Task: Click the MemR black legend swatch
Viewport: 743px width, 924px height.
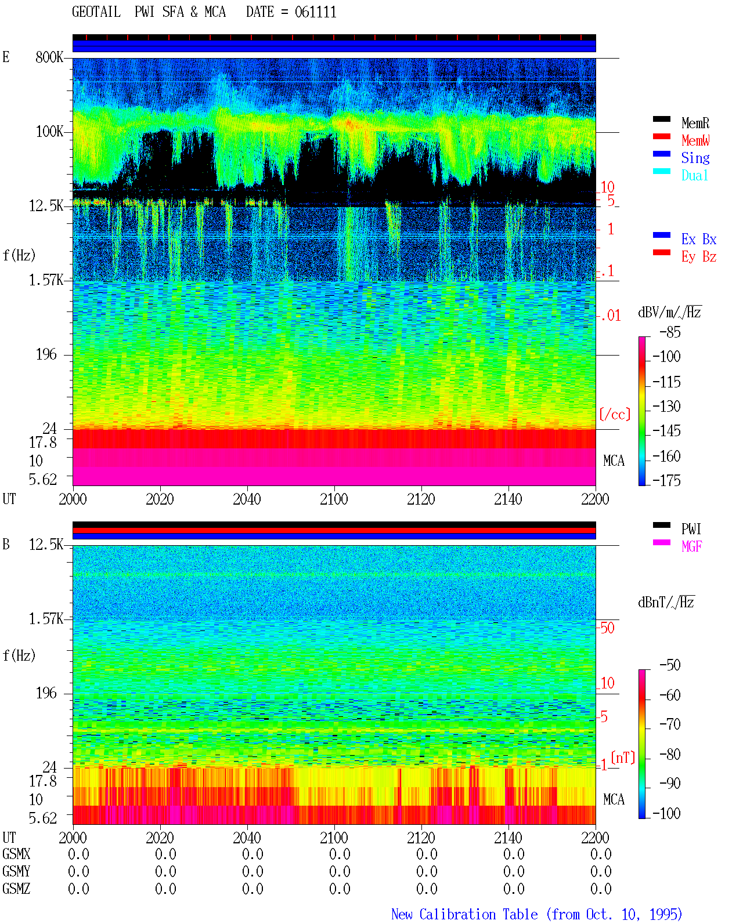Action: pos(661,119)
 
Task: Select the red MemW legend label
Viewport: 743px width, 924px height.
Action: pos(695,140)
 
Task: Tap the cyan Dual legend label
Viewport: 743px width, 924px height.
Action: pos(694,175)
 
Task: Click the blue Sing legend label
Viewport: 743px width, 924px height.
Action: pos(695,158)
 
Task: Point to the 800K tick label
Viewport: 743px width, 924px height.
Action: pos(49,57)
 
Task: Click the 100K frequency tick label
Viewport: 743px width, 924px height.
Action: pos(49,132)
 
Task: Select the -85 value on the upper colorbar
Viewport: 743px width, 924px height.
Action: pos(670,332)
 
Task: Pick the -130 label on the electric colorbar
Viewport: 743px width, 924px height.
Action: pos(666,406)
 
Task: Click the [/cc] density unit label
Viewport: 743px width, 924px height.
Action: pos(615,414)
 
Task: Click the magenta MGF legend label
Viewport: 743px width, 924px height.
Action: pos(691,546)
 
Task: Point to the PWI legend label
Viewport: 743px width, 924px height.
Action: pos(691,529)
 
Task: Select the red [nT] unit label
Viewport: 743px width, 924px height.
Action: pos(623,758)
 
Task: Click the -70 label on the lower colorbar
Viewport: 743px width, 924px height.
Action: pos(670,724)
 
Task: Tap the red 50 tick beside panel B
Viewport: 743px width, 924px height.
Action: pos(608,628)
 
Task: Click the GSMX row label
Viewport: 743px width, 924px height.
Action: pos(16,854)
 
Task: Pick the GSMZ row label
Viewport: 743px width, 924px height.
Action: pos(16,889)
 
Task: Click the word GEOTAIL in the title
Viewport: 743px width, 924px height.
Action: pos(96,12)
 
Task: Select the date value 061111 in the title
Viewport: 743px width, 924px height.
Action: pos(315,12)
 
